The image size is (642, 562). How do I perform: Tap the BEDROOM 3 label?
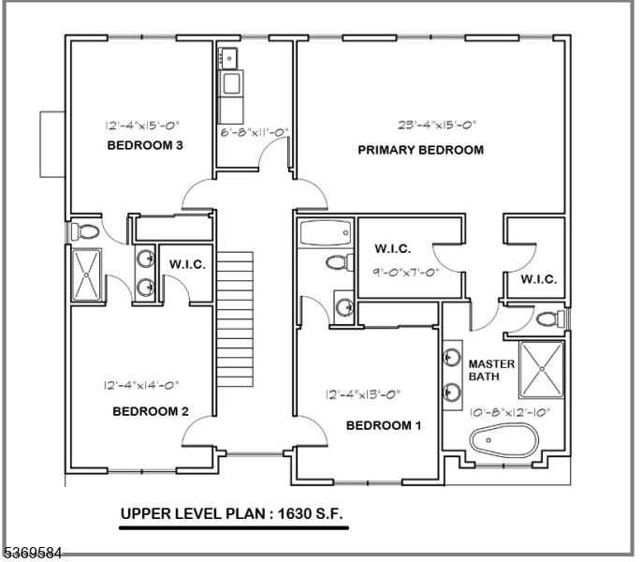145,145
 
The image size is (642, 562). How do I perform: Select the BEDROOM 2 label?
151,411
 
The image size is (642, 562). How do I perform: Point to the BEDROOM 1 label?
384,426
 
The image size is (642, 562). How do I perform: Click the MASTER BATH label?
486,370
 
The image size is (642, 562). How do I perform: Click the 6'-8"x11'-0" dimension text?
252,132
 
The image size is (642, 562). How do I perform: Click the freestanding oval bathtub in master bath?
505,440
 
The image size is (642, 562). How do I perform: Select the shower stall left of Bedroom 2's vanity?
86,274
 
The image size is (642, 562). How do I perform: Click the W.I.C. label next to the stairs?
187,265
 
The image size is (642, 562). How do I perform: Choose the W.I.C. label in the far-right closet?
538,279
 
